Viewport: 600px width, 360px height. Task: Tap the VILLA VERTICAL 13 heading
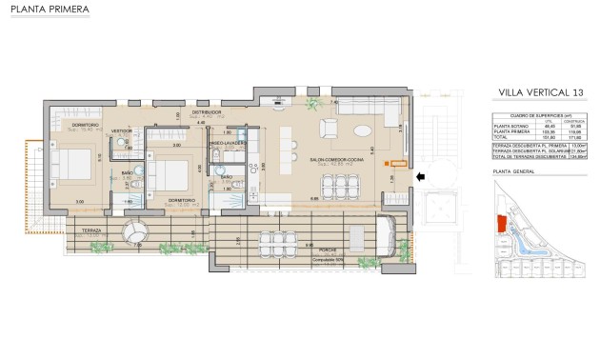point(540,91)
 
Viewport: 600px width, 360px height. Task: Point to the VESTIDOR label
point(122,131)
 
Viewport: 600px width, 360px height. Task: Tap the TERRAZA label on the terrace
point(92,230)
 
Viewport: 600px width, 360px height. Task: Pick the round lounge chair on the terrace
point(133,231)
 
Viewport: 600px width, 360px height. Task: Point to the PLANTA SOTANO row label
point(508,125)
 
